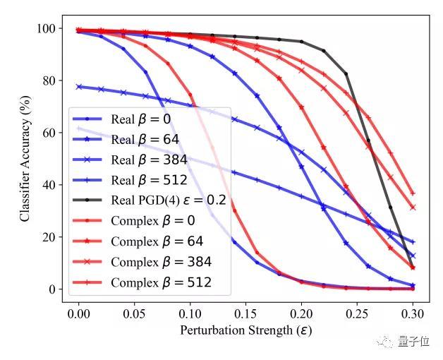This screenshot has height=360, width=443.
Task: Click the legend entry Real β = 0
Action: (x=140, y=119)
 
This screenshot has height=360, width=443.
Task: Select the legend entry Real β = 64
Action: (x=145, y=139)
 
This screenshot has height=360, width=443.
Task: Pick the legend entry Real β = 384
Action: (x=147, y=160)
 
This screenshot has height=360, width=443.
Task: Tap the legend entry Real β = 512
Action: (x=147, y=180)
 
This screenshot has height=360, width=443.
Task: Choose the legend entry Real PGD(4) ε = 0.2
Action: (x=168, y=200)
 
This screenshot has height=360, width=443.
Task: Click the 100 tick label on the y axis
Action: (x=46, y=29)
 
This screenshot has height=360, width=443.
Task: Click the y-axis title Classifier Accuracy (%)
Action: (x=25, y=159)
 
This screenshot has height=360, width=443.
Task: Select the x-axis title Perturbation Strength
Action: (x=245, y=330)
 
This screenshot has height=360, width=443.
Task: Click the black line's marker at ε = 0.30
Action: (x=413, y=266)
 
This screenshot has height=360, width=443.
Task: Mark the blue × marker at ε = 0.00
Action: (x=79, y=87)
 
